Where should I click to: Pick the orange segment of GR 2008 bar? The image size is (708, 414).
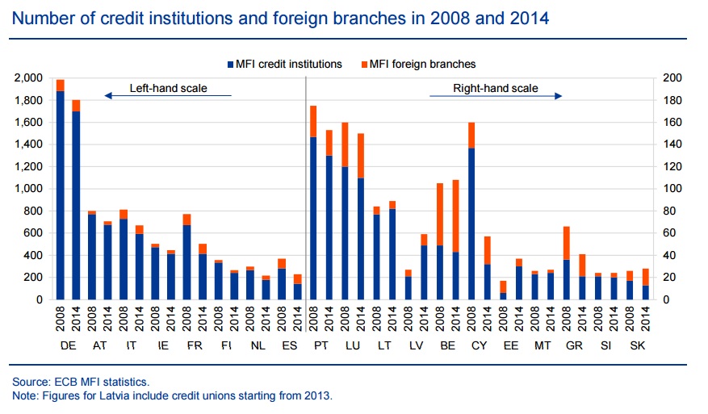566,243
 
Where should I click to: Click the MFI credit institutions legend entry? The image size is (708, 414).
285,64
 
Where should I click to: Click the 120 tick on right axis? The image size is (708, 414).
672,166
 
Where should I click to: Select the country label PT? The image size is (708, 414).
320,345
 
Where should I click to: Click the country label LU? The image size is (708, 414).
352,345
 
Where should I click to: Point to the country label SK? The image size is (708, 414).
638,345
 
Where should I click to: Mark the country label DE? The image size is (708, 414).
67,345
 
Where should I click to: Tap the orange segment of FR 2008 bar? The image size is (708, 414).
186,220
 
